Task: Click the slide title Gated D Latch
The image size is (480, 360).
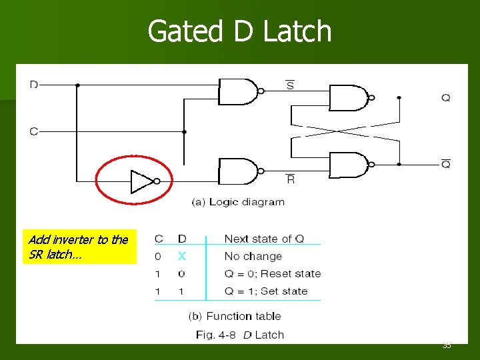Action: tap(239, 31)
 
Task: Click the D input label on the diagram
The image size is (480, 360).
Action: tap(34, 84)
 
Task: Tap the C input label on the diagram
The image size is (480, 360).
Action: tap(34, 131)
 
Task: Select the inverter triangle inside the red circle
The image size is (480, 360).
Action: tap(142, 181)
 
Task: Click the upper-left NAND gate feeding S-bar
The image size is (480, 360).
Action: tap(238, 91)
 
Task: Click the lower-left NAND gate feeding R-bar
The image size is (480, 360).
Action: tap(238, 171)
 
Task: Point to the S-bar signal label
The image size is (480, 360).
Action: tap(290, 85)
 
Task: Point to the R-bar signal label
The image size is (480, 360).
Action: tap(290, 179)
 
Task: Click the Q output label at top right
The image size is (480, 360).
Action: tap(445, 97)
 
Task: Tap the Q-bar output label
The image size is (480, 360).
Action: tap(445, 163)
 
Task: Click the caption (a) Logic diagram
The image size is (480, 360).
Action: tap(238, 201)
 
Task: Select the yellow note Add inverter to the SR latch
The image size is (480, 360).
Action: tap(79, 247)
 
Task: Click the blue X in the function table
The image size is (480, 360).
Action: tap(181, 256)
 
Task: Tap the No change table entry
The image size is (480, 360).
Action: tap(253, 256)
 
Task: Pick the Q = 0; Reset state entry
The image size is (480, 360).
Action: tap(272, 273)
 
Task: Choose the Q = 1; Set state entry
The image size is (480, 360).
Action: tap(265, 291)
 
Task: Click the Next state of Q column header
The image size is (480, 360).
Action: tap(264, 239)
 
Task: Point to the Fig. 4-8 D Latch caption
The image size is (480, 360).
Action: tap(240, 335)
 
